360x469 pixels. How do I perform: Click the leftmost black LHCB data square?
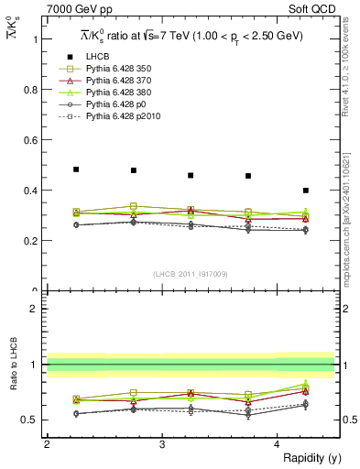[x=76, y=169]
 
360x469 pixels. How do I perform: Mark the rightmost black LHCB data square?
[x=306, y=191]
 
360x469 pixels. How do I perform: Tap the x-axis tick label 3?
[x=162, y=444]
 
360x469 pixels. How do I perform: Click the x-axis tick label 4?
[x=278, y=444]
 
